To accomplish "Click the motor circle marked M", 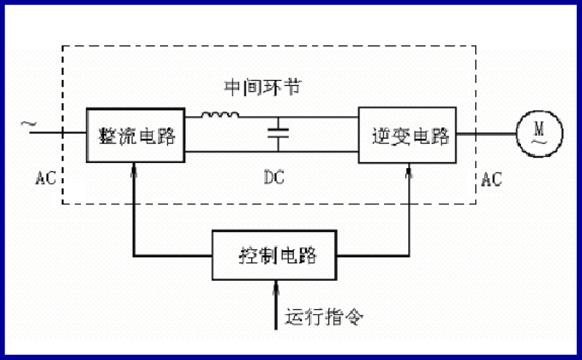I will pyautogui.click(x=539, y=135).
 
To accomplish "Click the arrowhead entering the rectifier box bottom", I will pyautogui.click(x=135, y=172).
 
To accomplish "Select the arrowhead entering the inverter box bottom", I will pyautogui.click(x=410, y=172).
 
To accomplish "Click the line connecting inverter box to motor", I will pyautogui.click(x=487, y=135).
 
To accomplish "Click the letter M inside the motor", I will pyautogui.click(x=539, y=128).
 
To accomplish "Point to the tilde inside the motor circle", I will pyautogui.click(x=539, y=143).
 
